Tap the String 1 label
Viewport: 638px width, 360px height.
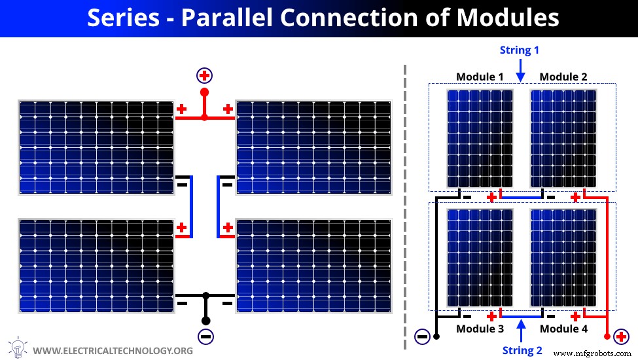coord(520,50)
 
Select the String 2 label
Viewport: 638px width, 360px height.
coord(522,350)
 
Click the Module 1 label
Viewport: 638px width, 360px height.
coord(480,77)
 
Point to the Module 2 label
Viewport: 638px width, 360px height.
coord(563,77)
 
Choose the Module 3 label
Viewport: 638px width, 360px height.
coord(480,329)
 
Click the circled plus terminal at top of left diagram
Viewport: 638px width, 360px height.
coord(204,75)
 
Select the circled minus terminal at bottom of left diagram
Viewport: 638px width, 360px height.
coord(205,337)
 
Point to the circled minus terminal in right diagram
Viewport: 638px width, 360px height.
coord(422,337)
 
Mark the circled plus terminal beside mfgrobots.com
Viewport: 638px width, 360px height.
coord(620,337)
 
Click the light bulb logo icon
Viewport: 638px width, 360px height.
coord(16,347)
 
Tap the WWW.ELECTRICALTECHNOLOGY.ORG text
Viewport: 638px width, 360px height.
coord(112,351)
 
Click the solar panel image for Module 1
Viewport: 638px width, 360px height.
coord(480,138)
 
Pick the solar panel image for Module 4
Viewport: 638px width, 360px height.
coord(563,258)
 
